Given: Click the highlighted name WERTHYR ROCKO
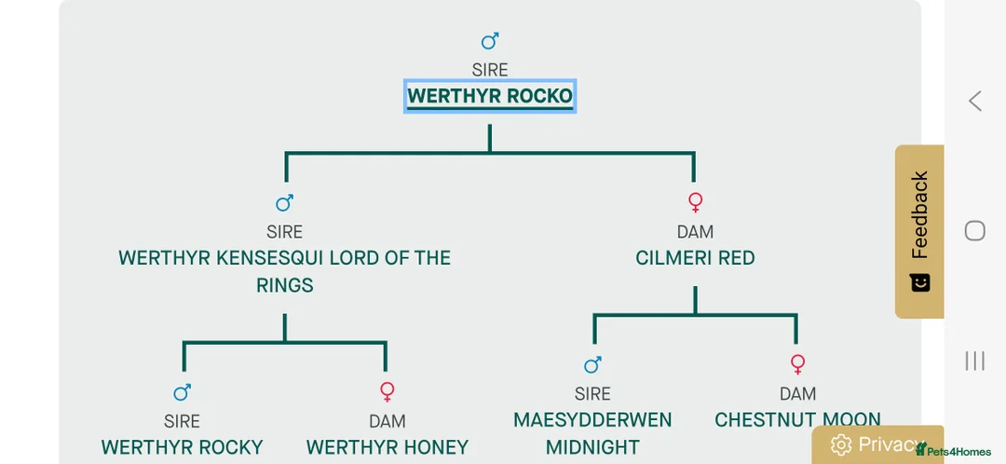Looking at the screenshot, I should click(490, 96).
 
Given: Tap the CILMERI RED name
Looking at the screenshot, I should click(695, 258).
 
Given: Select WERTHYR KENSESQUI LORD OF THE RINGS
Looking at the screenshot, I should click(284, 271).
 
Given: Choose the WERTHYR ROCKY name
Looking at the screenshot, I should click(183, 447).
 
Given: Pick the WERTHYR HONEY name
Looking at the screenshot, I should click(387, 447).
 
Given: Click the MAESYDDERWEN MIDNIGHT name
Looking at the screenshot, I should click(592, 433).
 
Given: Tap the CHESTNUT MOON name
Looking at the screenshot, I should click(797, 420).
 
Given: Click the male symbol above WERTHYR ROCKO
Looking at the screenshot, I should click(490, 41).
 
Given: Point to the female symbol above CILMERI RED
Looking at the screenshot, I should click(695, 202).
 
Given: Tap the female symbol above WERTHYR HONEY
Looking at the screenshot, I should click(387, 391).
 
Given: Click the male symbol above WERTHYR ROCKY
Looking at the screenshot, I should click(183, 391).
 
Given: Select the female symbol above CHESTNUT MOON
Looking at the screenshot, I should click(797, 363).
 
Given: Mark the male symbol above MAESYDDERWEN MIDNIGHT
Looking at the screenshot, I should click(592, 364).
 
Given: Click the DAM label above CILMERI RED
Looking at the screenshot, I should click(695, 231).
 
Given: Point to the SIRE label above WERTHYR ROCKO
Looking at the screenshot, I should click(490, 70).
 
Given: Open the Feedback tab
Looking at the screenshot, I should click(919, 215).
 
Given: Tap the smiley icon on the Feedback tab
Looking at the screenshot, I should click(920, 281).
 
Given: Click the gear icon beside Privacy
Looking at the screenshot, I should click(841, 444).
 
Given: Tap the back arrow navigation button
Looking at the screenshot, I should click(975, 101).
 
